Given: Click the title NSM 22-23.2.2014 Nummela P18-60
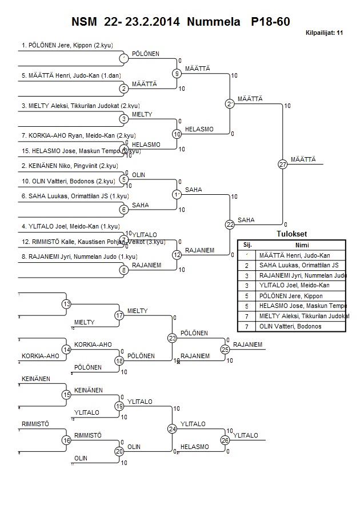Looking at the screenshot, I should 181,22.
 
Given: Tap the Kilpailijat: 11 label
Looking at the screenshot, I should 324,33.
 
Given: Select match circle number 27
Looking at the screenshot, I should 282,165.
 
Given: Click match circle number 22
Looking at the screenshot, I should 230,225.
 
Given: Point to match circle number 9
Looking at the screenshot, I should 177,73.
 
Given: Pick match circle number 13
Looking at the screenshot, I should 67,304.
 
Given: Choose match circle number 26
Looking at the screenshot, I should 225,440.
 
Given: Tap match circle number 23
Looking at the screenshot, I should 173,338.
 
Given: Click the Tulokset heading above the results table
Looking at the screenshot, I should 291,234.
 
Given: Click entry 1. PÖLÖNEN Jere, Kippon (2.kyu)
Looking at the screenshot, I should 65,45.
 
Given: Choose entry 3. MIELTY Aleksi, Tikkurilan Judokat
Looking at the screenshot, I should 80,106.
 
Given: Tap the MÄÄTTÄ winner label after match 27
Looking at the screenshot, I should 303,159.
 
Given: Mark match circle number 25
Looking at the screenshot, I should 225,349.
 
